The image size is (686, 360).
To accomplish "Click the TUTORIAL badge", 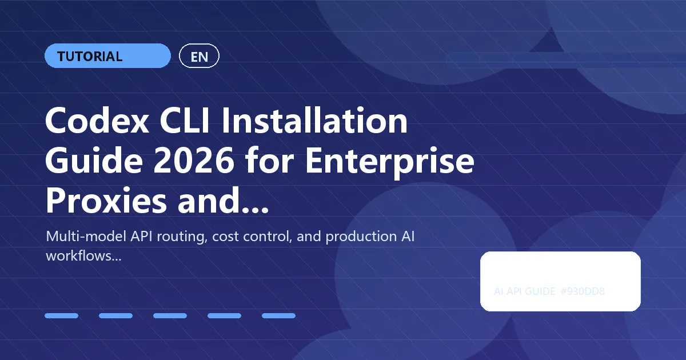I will click(107, 56).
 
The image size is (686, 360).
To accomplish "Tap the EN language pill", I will click(199, 57).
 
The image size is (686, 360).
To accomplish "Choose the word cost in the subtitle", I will click(227, 237).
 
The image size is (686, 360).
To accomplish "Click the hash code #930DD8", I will click(583, 291).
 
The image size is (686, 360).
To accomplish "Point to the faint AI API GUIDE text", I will click(524, 291).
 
